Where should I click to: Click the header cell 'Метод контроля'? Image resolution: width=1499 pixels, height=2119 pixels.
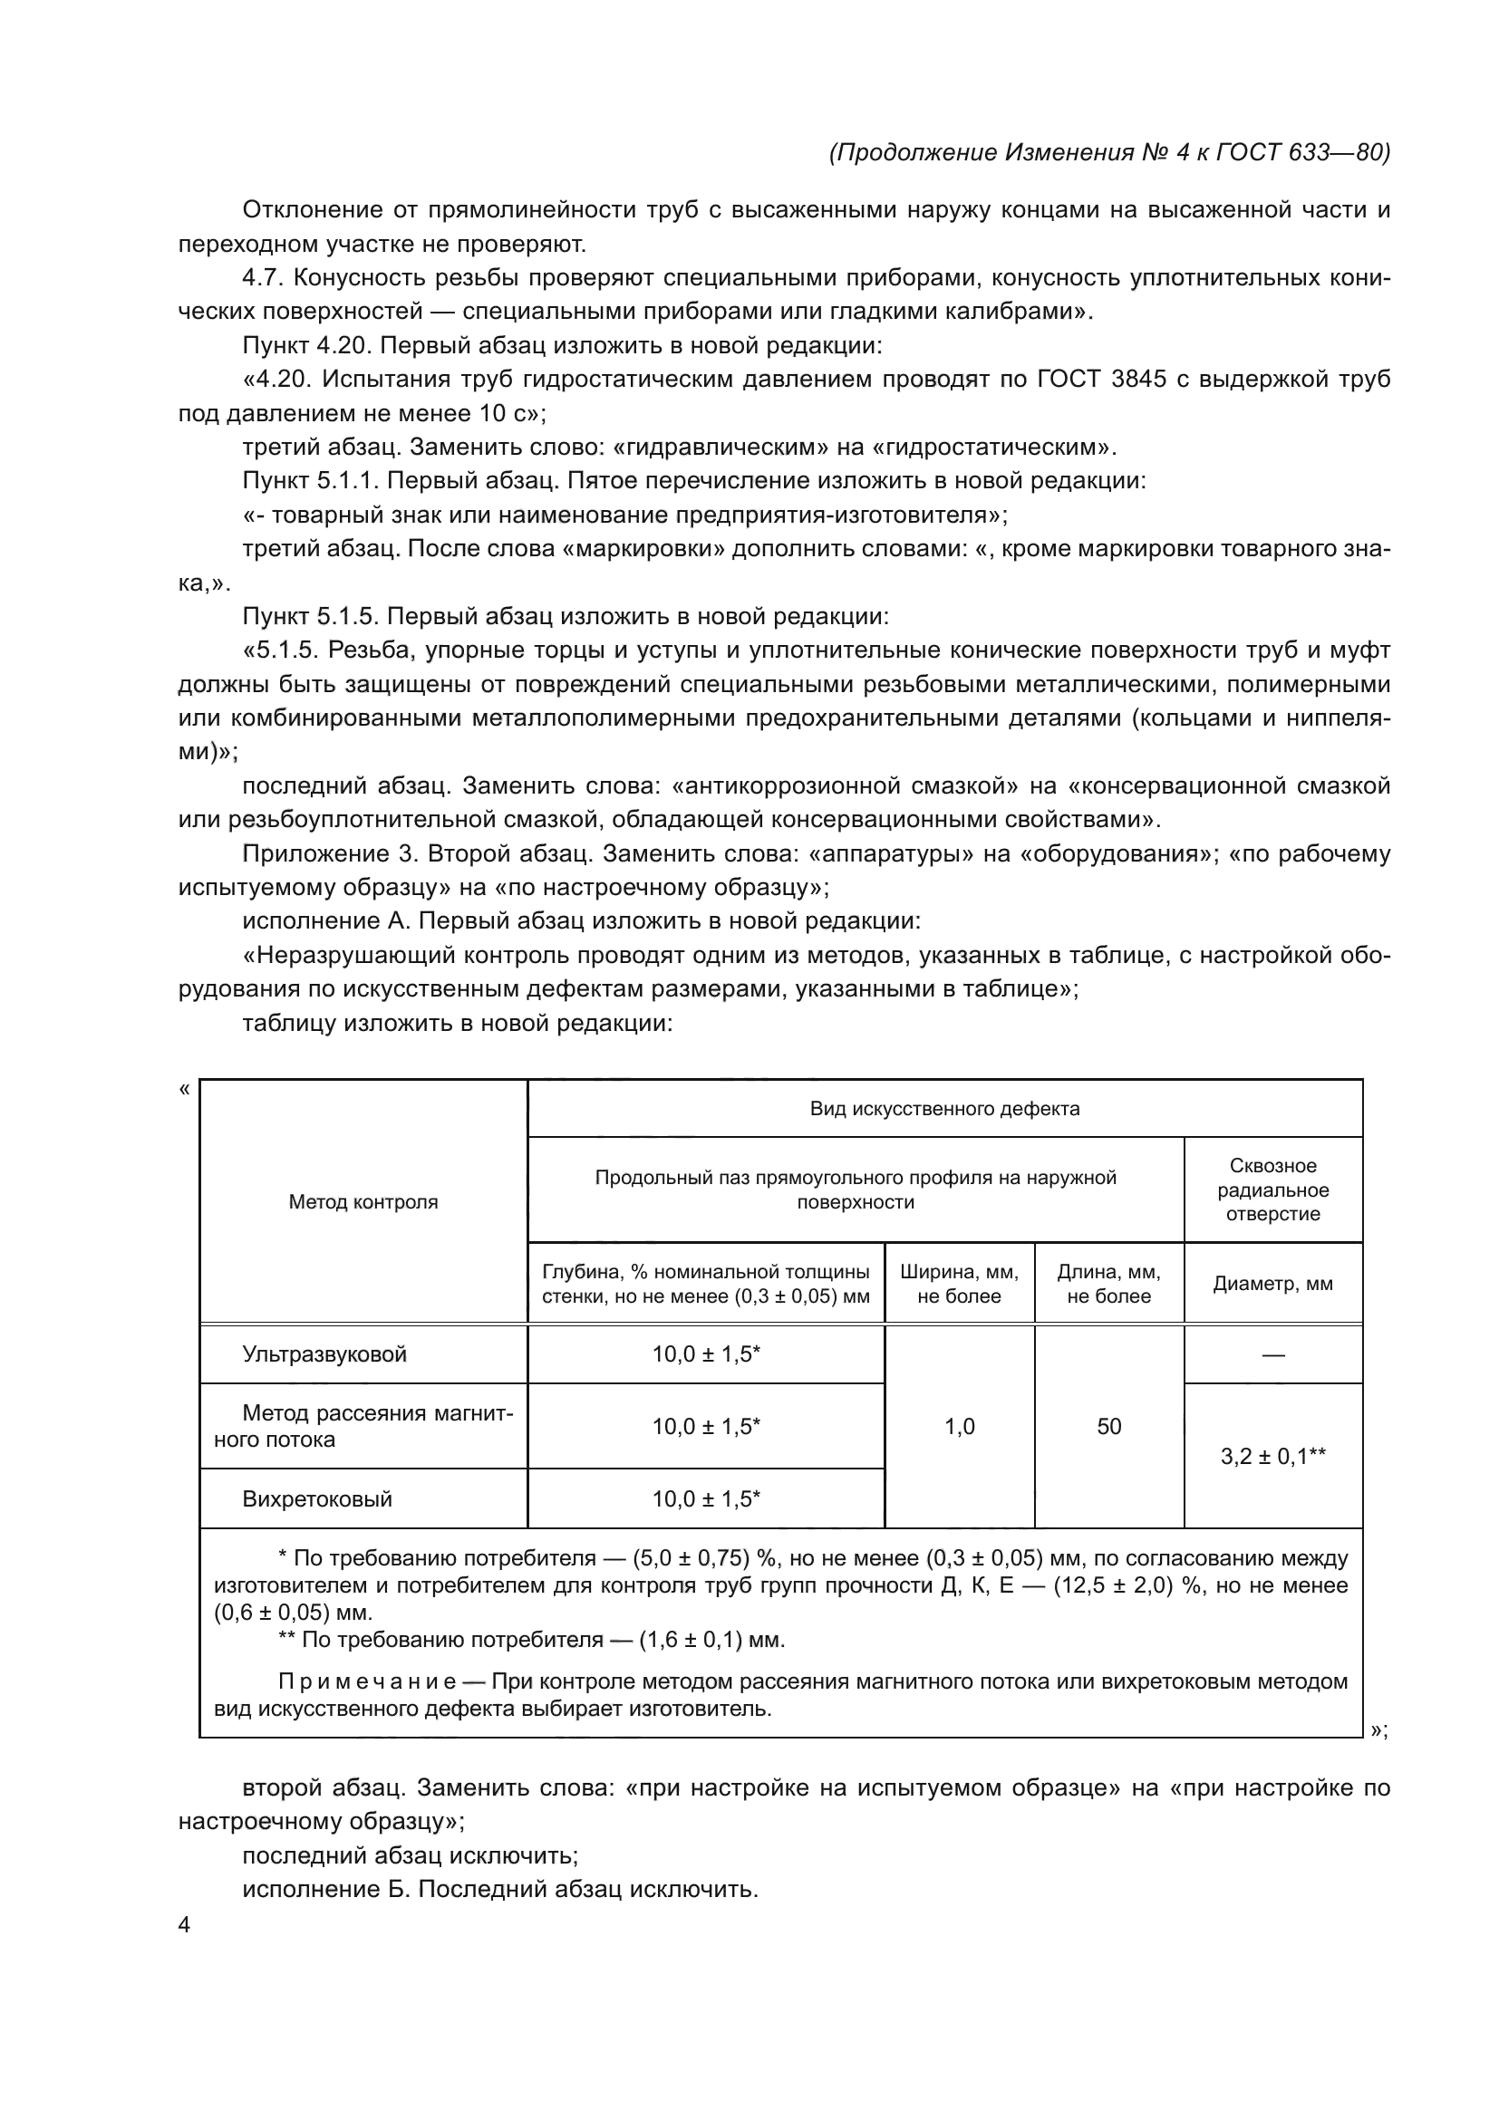click(x=363, y=1201)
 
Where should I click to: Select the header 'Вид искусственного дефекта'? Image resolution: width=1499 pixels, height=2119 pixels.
click(x=944, y=1108)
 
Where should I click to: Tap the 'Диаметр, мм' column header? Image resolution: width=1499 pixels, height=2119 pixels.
click(x=1272, y=1284)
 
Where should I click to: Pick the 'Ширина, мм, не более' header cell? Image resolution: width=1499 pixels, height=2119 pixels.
click(x=959, y=1284)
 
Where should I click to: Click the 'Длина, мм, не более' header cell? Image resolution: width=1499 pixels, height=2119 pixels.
click(x=1108, y=1284)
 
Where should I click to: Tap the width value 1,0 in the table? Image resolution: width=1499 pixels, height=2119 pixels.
click(x=959, y=1427)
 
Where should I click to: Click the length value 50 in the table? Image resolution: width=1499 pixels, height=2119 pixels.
click(x=1108, y=1427)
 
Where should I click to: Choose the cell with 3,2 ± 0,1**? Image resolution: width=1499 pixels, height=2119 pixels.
click(x=1272, y=1457)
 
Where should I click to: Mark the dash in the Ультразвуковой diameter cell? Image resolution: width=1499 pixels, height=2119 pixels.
click(x=1272, y=1354)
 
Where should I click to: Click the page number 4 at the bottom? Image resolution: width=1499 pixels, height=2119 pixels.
click(x=184, y=1925)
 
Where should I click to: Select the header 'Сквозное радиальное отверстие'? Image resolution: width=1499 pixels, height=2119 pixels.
click(x=1272, y=1190)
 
